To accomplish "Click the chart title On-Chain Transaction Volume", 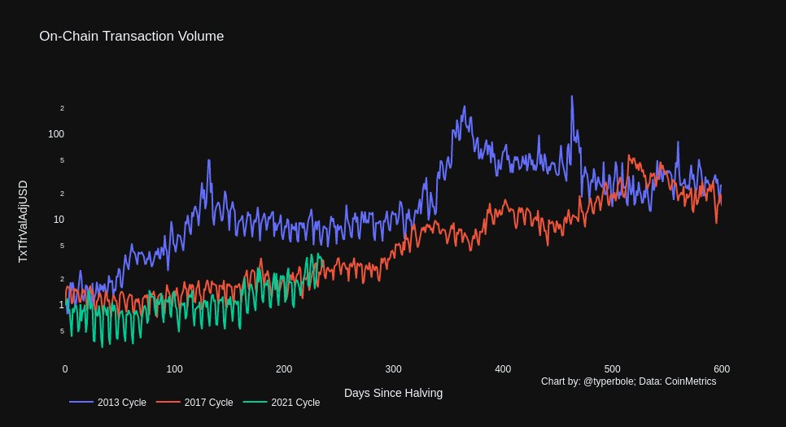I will (x=131, y=36).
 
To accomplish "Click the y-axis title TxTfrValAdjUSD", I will (x=23, y=221).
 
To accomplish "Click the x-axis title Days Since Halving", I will (x=393, y=393).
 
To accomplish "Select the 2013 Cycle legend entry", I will (x=107, y=403).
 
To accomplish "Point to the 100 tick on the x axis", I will (x=174, y=368).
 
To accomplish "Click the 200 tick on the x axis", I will (x=284, y=368).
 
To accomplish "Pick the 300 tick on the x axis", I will (x=393, y=368).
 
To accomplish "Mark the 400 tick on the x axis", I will (x=503, y=368).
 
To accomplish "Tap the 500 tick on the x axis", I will (x=612, y=368).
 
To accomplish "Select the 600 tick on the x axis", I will (x=721, y=368).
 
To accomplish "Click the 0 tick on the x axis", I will (x=65, y=368).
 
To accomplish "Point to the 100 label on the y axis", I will (x=55, y=133).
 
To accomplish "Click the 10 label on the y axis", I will (x=58, y=219).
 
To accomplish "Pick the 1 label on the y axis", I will (x=60, y=304).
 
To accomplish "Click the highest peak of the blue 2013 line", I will (x=572, y=96).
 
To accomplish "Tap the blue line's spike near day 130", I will (x=209, y=160).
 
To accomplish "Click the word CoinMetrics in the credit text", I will (x=690, y=381).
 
